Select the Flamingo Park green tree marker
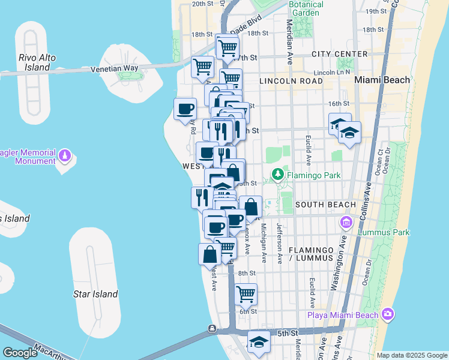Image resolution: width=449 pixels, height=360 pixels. click(x=277, y=175)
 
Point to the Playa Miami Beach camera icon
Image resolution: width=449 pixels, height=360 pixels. click(x=388, y=314)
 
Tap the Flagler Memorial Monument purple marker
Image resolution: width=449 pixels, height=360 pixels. click(x=65, y=157)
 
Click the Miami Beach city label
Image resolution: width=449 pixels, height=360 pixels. click(x=382, y=80)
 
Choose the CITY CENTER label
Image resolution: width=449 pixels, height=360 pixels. click(x=339, y=54)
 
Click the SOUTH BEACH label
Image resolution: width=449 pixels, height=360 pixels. click(x=326, y=205)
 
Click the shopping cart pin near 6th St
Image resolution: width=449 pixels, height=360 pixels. click(x=246, y=294)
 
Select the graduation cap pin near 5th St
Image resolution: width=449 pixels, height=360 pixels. click(x=259, y=342)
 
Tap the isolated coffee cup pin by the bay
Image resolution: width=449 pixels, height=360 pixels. click(x=185, y=109)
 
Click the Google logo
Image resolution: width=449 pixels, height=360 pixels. click(x=20, y=353)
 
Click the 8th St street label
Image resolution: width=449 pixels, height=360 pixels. click(x=247, y=274)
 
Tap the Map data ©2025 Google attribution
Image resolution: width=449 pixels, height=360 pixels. click(x=411, y=355)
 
